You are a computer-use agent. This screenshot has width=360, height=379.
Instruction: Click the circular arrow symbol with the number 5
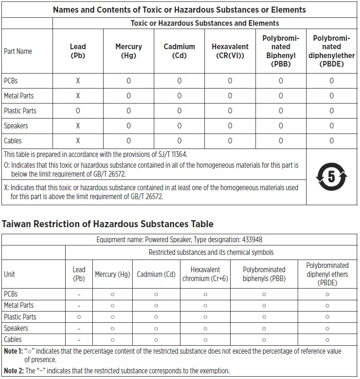click(332, 177)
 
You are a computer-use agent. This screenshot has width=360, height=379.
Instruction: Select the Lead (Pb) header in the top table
click(78, 51)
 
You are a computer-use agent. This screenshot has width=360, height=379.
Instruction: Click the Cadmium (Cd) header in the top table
click(179, 51)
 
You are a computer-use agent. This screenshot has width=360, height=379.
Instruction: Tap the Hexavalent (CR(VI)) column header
click(230, 51)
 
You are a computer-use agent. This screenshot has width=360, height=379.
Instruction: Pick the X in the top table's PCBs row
click(78, 81)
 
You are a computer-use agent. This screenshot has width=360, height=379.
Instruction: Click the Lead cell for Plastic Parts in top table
click(78, 111)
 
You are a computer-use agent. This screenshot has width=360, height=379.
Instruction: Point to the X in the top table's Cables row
click(78, 141)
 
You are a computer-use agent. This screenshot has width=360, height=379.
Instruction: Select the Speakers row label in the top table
click(16, 126)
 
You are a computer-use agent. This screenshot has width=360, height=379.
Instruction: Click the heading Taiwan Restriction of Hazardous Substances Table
click(108, 224)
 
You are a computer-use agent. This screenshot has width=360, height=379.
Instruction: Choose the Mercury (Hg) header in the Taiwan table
click(112, 274)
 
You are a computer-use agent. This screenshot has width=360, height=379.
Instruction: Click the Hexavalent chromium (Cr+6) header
click(205, 274)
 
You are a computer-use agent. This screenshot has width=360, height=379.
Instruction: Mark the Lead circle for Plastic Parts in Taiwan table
click(79, 317)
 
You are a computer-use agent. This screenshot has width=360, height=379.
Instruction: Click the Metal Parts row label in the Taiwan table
click(19, 305)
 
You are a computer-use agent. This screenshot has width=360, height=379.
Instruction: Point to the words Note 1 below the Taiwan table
click(13, 351)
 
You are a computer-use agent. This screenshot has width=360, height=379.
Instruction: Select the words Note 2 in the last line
click(13, 371)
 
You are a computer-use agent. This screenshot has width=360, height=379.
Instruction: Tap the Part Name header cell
click(18, 51)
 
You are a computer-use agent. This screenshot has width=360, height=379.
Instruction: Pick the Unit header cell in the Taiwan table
click(9, 274)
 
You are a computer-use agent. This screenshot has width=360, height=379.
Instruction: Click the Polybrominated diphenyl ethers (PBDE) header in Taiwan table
click(327, 274)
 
